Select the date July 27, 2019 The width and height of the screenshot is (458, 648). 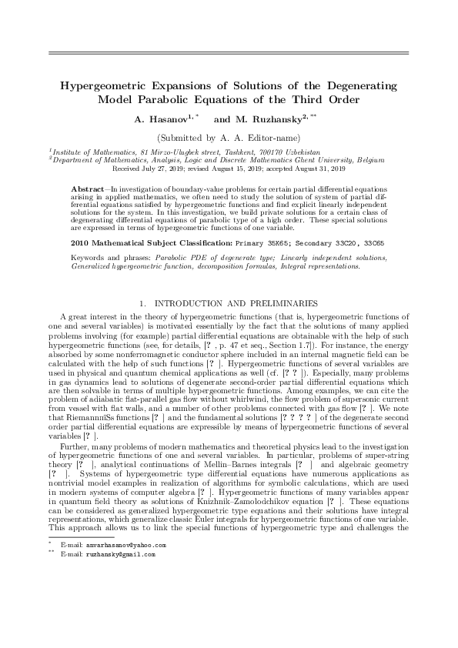[167, 167]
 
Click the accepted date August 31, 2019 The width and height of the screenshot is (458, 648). [316, 167]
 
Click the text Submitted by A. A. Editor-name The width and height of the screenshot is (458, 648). [228, 136]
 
